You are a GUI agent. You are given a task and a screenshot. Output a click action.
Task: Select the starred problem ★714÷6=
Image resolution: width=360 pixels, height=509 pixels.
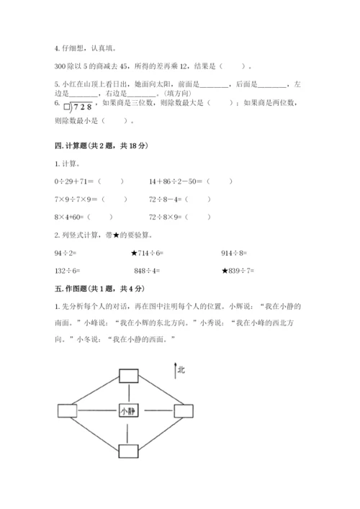(x=151, y=253)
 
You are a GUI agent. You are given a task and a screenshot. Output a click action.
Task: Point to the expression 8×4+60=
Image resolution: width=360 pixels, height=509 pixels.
(x=71, y=216)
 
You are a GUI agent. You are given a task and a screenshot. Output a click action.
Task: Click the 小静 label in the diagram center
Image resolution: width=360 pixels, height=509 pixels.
(x=128, y=411)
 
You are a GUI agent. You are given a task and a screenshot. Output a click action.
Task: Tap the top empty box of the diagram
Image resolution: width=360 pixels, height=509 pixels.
(x=128, y=374)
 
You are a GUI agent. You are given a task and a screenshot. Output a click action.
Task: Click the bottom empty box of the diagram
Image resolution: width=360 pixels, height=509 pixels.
(x=128, y=451)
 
